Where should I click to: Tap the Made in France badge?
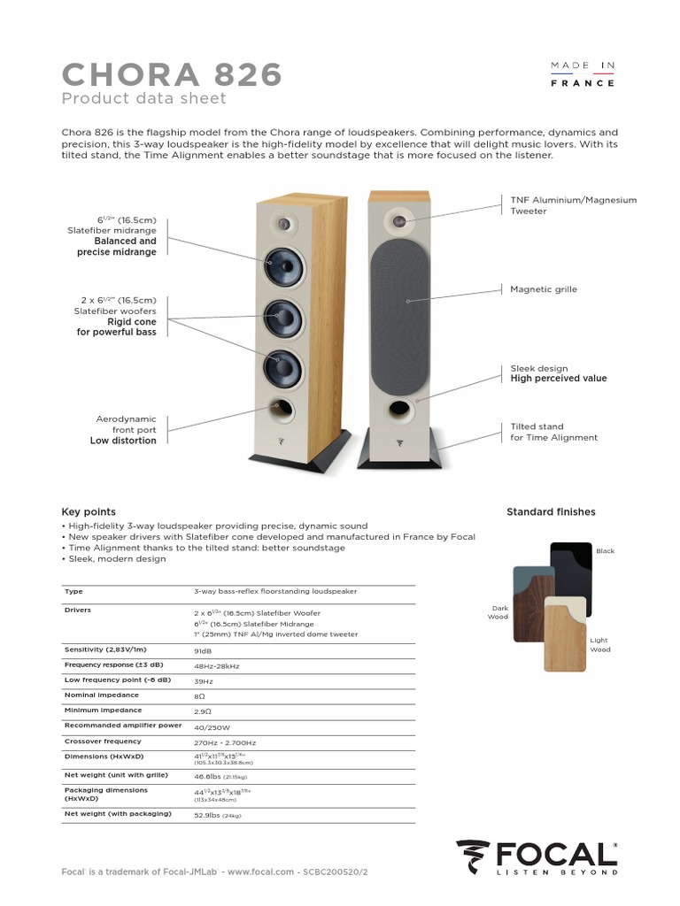tap(583, 74)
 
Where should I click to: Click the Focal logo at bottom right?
tap(537, 856)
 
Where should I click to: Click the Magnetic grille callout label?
tap(543, 289)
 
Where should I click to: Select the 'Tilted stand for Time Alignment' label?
tap(553, 432)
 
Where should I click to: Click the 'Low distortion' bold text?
tap(123, 441)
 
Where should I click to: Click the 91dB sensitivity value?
tap(204, 650)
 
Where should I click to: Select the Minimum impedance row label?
tap(103, 710)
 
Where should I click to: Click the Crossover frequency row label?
tap(103, 741)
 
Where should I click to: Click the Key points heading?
tap(88, 511)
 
